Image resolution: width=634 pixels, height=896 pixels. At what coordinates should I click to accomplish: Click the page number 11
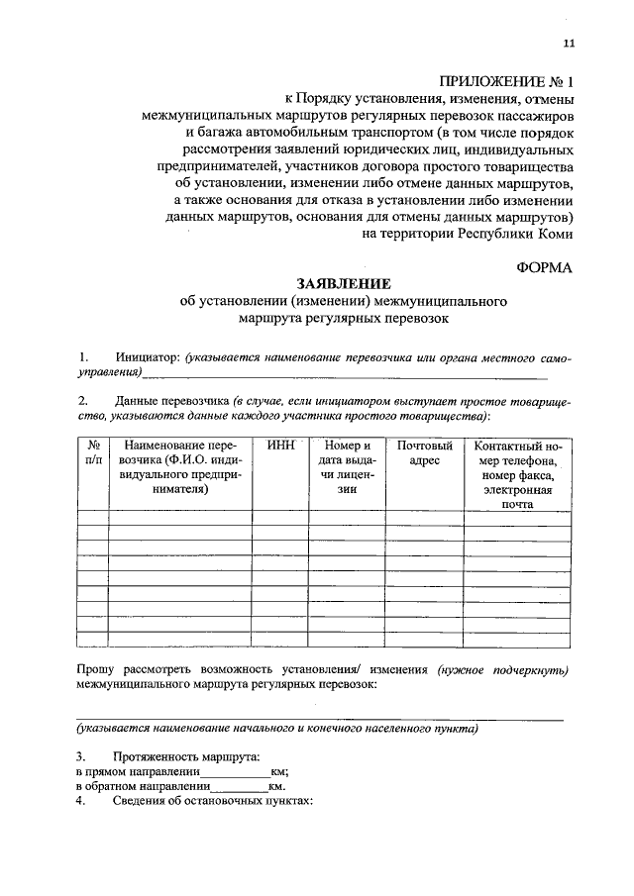pos(568,43)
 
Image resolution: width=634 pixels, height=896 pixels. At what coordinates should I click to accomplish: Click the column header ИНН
pos(281,447)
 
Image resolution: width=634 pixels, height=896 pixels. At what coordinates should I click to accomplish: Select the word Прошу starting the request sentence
pos(96,670)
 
